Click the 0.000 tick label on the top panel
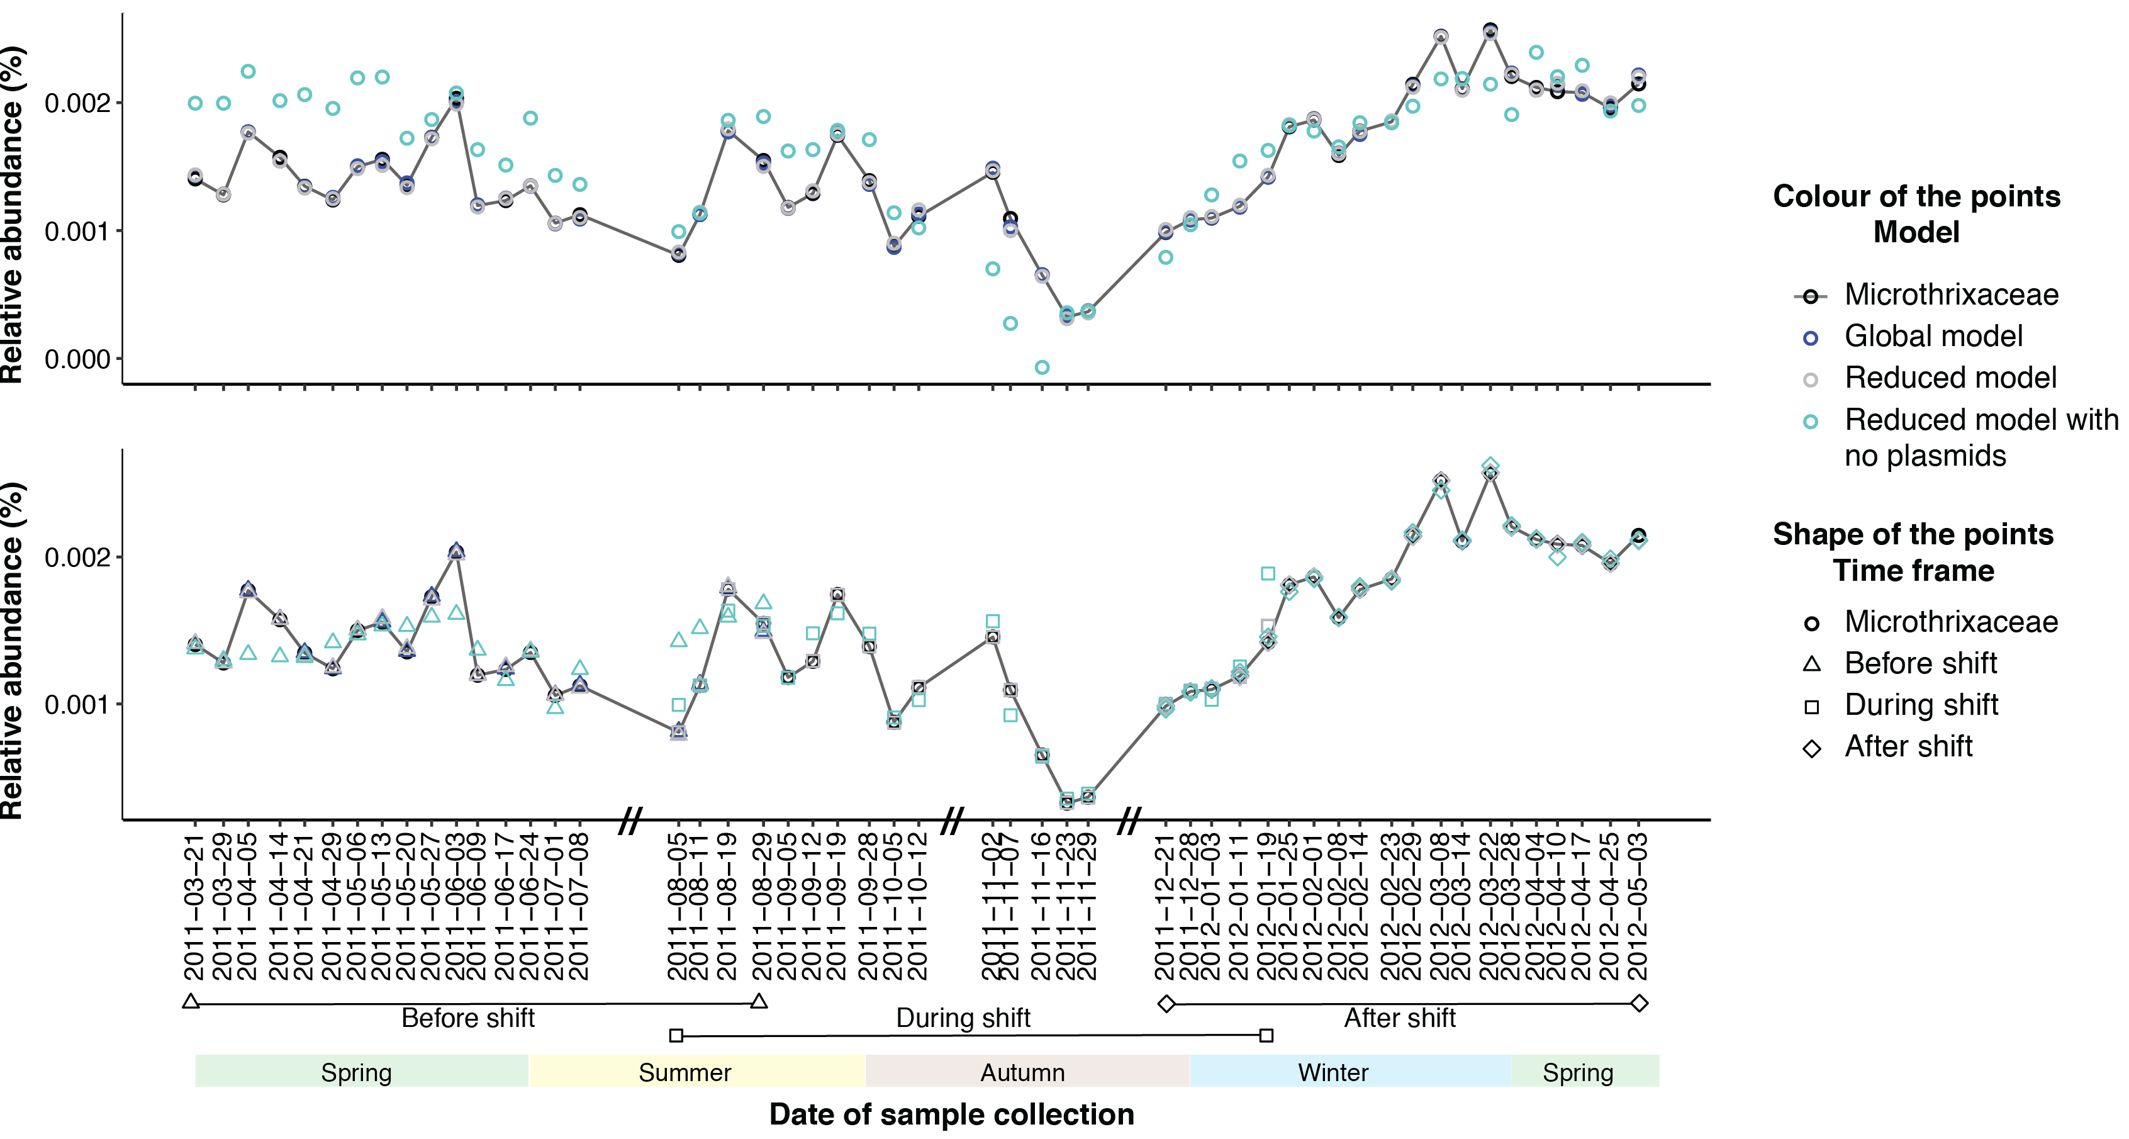[x=77, y=359]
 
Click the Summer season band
[x=685, y=1072]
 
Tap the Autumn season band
[x=1022, y=1072]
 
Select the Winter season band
[x=1333, y=1072]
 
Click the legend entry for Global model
[x=1933, y=337]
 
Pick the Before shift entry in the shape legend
[x=1920, y=663]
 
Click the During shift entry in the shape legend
[x=1921, y=705]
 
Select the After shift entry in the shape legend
[x=1908, y=746]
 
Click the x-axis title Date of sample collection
[x=951, y=1114]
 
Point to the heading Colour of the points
[x=1916, y=197]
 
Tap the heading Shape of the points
[x=1913, y=535]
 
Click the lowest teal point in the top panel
[x=1042, y=367]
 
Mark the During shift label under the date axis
[x=963, y=1018]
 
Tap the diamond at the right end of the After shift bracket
[x=1640, y=1004]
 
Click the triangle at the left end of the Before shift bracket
[x=191, y=1002]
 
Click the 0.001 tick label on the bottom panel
[x=77, y=705]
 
